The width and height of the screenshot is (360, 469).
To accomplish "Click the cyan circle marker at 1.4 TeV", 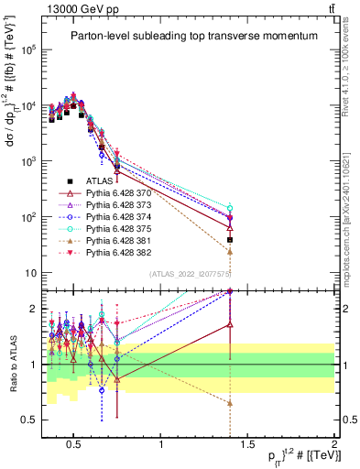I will [x=230, y=208].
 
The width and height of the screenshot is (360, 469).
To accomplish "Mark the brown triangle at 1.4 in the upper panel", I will [x=230, y=251].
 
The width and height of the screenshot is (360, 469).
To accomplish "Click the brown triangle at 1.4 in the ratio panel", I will [x=230, y=403].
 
